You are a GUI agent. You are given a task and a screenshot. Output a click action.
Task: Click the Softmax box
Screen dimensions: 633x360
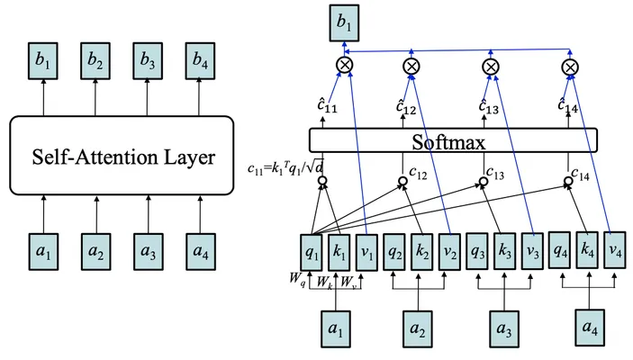coord(453,140)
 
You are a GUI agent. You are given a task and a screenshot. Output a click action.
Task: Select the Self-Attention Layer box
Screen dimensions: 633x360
coord(122,156)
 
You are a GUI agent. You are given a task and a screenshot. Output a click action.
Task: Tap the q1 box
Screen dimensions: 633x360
coord(312,253)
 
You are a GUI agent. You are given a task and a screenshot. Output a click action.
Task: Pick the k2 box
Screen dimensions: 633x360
coord(422,252)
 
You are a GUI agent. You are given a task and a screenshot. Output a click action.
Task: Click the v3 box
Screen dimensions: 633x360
coord(532,251)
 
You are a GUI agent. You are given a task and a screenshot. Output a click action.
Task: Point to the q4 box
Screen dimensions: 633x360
coord(559,250)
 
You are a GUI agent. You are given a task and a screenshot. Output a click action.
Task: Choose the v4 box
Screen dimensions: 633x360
coord(614,250)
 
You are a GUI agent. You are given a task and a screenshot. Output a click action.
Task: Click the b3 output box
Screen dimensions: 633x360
coord(148,60)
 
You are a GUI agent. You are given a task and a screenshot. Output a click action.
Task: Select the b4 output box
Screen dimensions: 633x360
coord(200,60)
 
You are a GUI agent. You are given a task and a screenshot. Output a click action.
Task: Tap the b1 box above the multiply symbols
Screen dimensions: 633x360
coord(344,23)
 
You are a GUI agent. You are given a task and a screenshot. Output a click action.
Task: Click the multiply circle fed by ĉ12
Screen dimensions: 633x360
coord(411,67)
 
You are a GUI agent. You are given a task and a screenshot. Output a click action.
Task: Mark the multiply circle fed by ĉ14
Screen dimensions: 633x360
coord(570,67)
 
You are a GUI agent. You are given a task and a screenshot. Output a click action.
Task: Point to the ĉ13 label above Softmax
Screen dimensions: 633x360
coord(488,105)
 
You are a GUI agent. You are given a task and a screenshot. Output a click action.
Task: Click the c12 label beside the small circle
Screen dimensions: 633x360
coord(418,173)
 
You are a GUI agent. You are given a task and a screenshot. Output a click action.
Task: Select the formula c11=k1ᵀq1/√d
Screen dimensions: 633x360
coord(285,166)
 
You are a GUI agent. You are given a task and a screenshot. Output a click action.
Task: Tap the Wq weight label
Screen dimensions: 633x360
coord(297,280)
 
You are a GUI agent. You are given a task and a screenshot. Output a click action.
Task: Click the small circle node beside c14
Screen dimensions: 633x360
coord(568,181)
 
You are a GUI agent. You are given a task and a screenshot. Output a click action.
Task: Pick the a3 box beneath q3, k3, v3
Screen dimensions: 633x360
coord(504,328)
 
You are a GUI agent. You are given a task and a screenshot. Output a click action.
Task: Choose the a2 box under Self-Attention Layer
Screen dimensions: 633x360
coord(96,251)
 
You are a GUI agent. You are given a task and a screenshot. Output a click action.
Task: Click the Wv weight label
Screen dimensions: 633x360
coord(348,282)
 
